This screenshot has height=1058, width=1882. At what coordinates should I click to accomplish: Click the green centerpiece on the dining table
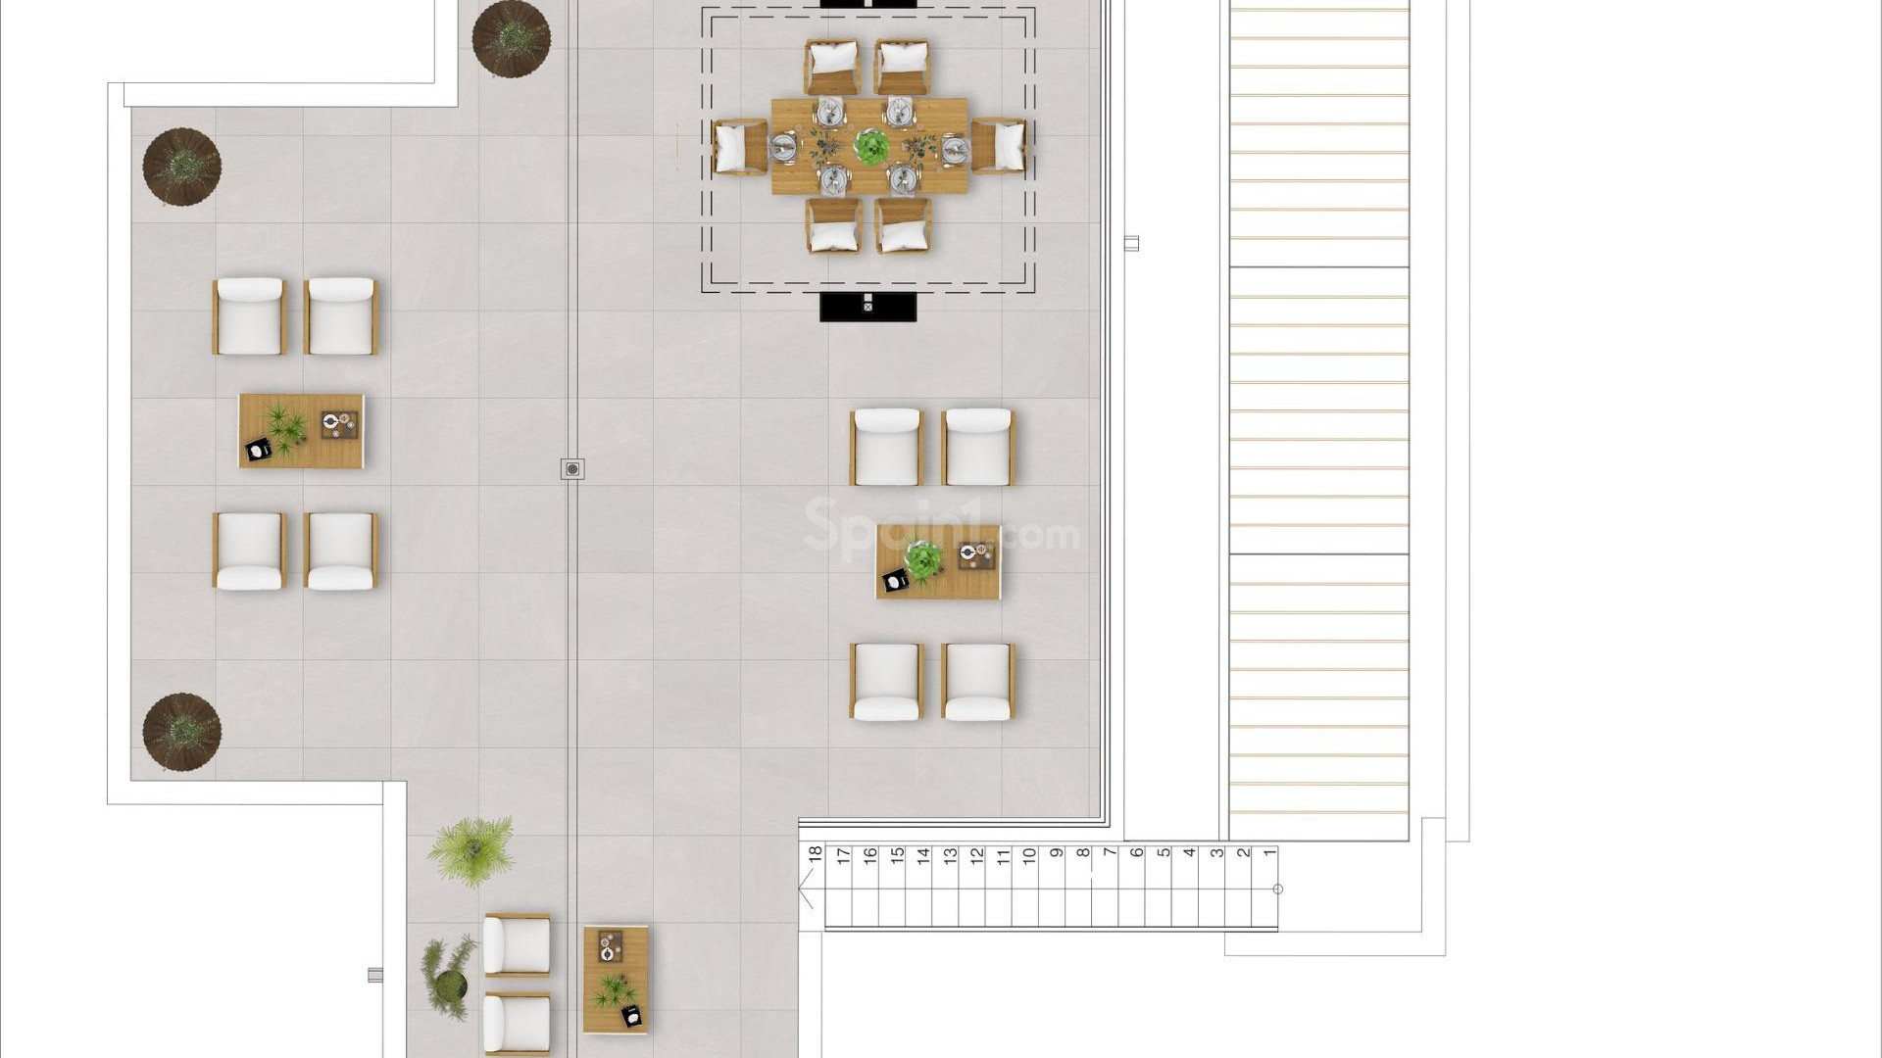point(869,146)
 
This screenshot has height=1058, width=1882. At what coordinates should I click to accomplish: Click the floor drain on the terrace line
point(572,469)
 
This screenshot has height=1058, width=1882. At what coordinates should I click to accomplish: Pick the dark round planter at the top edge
point(511,37)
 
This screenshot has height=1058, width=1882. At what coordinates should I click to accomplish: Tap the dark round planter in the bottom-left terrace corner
point(181,732)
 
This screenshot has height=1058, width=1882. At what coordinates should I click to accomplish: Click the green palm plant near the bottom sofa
point(471,851)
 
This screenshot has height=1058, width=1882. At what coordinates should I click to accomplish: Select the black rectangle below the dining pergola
point(867,307)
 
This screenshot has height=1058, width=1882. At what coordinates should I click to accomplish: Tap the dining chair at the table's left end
point(739,147)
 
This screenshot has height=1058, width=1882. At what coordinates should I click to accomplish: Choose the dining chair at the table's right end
point(999,147)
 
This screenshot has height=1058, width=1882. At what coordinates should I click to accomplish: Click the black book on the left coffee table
point(258,450)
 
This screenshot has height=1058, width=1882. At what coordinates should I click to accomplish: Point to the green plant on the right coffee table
point(922,559)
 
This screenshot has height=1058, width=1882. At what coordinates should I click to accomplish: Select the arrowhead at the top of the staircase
point(806,890)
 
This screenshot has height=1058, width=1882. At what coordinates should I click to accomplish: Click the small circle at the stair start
point(1277,890)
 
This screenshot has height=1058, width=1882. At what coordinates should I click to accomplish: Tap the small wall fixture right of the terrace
point(1131,243)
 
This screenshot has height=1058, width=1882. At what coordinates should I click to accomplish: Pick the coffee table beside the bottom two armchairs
point(616,979)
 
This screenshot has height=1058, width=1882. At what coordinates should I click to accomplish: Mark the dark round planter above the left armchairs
point(181,167)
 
